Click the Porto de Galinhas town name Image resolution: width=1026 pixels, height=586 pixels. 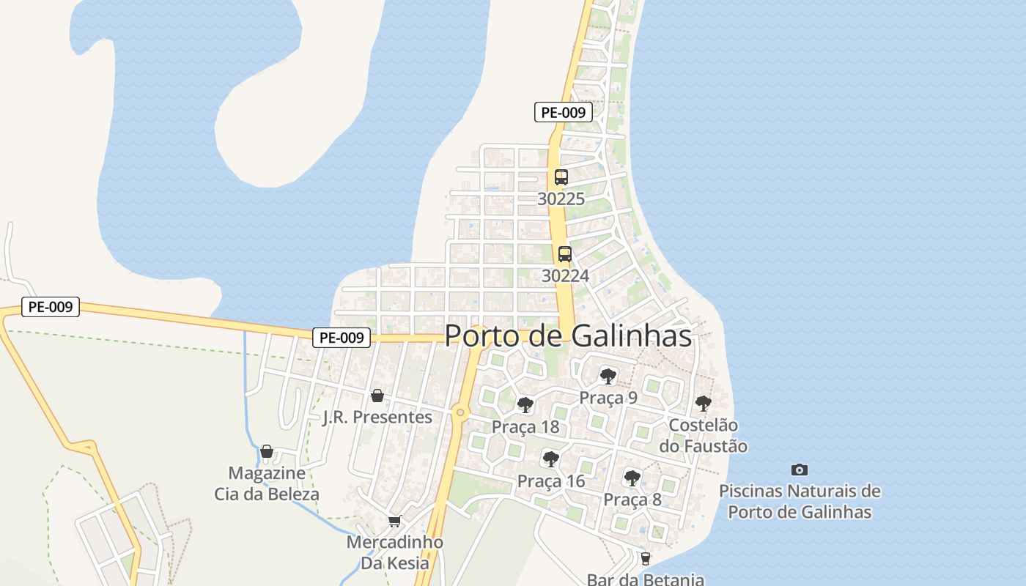[568, 335]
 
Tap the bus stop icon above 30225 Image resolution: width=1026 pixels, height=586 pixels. [561, 177]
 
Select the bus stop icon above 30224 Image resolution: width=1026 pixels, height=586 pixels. [564, 254]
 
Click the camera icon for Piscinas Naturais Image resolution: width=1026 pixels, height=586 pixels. [800, 470]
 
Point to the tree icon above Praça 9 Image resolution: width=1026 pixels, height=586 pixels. [608, 377]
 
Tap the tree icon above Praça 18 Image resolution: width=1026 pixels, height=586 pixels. [525, 405]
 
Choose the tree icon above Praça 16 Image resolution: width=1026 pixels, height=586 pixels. [550, 459]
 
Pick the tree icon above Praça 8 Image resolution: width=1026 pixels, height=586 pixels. [632, 478]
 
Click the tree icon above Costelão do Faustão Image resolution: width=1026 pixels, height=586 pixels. [703, 403]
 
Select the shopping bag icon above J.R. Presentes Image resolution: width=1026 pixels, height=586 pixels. [377, 396]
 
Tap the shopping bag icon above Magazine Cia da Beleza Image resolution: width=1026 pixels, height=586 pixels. [267, 451]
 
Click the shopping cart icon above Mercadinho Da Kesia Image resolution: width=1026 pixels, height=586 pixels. [394, 522]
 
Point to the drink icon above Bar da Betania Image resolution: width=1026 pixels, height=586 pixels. [645, 559]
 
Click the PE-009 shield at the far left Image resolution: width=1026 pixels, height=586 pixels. [51, 307]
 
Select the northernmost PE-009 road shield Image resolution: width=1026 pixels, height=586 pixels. [563, 112]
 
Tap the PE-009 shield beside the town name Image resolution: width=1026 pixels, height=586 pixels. [342, 338]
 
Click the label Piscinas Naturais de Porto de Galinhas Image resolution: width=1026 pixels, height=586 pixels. [800, 501]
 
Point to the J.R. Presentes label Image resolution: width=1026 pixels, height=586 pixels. [377, 417]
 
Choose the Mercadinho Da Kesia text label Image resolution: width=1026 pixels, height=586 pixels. [394, 552]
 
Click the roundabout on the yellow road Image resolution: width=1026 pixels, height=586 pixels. [460, 413]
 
